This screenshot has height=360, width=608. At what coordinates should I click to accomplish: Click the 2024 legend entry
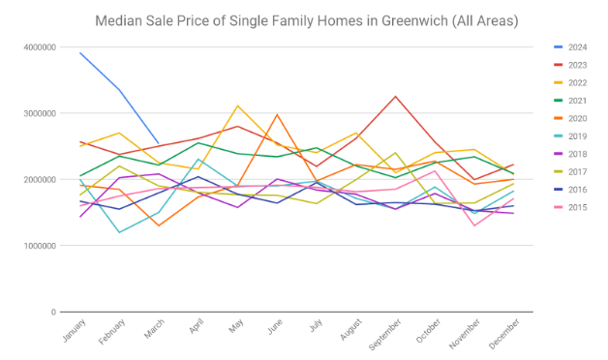click(570, 47)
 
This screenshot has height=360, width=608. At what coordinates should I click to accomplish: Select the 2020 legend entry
click(570, 119)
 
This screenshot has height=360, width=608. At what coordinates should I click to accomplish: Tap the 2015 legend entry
click(570, 208)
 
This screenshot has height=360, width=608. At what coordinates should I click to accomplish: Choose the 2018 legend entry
click(570, 154)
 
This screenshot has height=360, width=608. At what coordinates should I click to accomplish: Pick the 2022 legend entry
click(570, 83)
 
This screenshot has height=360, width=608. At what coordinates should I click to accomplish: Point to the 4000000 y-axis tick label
click(40, 47)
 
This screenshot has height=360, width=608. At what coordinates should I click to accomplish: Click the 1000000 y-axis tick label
click(40, 246)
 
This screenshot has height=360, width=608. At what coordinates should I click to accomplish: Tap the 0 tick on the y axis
click(53, 312)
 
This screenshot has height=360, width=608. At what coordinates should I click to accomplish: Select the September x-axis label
click(384, 334)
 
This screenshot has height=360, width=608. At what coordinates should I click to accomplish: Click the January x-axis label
click(74, 330)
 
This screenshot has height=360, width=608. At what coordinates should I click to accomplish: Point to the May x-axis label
click(236, 326)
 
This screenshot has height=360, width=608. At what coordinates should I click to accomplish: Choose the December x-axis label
click(504, 334)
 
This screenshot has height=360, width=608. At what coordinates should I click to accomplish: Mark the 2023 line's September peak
click(396, 96)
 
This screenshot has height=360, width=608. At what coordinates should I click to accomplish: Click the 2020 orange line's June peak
click(277, 114)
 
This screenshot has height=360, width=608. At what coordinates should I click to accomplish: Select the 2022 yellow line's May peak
click(237, 105)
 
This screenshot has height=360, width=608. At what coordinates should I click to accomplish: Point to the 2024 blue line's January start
click(80, 52)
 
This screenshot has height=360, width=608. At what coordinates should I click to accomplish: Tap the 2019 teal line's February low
click(119, 232)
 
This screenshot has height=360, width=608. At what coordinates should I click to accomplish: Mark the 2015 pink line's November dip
click(474, 225)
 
